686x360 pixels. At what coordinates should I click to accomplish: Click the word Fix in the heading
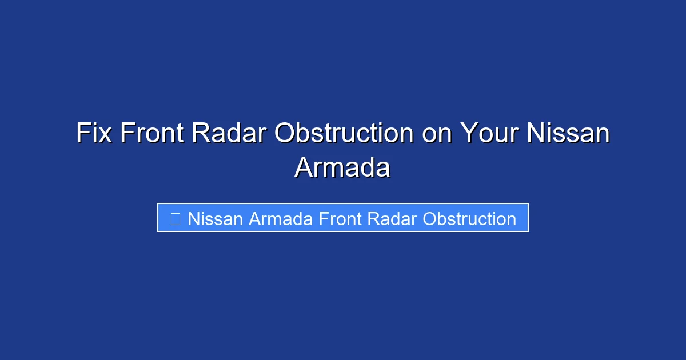coord(94,133)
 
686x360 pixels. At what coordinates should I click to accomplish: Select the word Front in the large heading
coord(152,133)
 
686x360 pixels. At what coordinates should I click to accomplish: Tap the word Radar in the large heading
coord(229,133)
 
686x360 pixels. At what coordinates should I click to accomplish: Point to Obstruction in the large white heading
coord(344,133)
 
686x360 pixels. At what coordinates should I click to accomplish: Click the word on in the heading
coord(437,135)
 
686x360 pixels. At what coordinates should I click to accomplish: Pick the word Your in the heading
coord(489,133)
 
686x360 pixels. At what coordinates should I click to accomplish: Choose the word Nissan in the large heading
coord(568,133)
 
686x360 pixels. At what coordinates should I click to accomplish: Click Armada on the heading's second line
coord(342,167)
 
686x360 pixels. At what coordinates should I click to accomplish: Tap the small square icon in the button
coord(175,219)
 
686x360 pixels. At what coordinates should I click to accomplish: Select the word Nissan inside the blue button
coord(216,218)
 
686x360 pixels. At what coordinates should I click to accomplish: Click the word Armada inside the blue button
coord(281,218)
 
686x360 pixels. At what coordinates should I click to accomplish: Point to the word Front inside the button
coord(340,218)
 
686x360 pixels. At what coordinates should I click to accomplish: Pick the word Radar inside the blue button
coord(392,218)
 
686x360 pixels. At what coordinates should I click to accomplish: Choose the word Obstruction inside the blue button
coord(469,218)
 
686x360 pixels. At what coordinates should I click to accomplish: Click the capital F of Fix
coord(83,133)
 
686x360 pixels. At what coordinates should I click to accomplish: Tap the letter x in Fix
coord(105,135)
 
